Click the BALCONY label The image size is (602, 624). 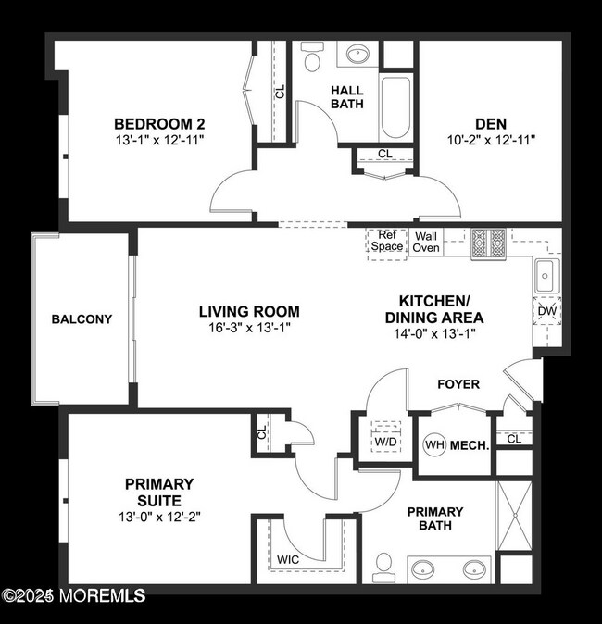tap(82, 319)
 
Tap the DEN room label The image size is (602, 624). tap(490, 123)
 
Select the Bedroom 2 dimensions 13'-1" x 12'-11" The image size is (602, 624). tap(159, 140)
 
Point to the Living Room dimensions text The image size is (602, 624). tap(249, 329)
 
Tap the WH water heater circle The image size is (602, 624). tap(434, 445)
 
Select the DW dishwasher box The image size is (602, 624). tap(546, 312)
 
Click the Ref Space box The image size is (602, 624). tap(387, 242)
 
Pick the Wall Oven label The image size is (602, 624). tap(426, 242)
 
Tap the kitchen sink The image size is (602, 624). tap(546, 274)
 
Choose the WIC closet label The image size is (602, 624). tap(288, 560)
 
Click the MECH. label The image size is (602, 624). tap(470, 445)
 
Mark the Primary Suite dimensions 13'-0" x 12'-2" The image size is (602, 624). tap(159, 518)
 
